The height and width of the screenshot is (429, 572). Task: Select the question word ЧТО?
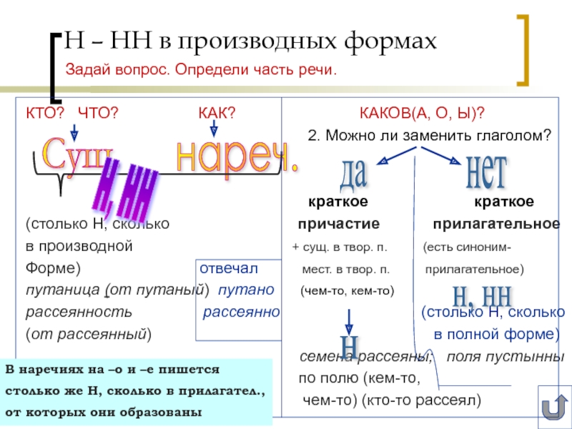pos(97,113)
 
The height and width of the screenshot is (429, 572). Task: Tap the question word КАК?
pos(217,113)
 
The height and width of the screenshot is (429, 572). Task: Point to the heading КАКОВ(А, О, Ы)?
pos(422,113)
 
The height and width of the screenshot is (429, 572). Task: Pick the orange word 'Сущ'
pos(77,152)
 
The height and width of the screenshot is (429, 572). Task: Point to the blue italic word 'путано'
pos(246,290)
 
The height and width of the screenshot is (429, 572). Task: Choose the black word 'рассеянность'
pos(79,312)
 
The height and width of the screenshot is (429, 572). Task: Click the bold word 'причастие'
pos(338,225)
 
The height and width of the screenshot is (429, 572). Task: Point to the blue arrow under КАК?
pos(213,129)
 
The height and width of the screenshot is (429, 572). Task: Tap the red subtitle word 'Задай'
pos(87,70)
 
